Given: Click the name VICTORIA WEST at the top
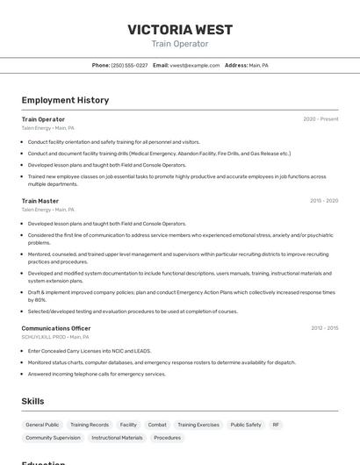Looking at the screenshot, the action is (179, 29).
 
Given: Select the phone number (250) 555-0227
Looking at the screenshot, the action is (129, 65).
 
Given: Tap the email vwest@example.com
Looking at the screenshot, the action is (195, 65).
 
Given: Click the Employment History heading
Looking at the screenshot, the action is (65, 100).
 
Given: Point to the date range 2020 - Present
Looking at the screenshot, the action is (320, 119).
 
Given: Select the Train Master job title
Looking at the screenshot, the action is (40, 201).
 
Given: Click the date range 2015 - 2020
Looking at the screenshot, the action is (324, 201).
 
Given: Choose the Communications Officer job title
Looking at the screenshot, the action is (56, 328).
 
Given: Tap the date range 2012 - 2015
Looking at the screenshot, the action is (324, 328).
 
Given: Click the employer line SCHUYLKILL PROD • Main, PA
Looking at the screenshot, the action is (55, 337).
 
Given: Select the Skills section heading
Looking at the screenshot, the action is (32, 401).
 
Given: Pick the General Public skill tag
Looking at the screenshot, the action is (42, 425).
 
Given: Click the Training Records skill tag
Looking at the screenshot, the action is (90, 425).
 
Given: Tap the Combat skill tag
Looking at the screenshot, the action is (157, 425).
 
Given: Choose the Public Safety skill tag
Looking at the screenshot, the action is (246, 425).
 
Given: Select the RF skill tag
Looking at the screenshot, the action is (276, 425).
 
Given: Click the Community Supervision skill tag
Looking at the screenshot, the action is (53, 437).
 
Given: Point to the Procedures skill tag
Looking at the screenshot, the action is (167, 437).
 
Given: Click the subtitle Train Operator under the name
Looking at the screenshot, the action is (179, 44).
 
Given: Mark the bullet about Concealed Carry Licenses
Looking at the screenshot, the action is (90, 351).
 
